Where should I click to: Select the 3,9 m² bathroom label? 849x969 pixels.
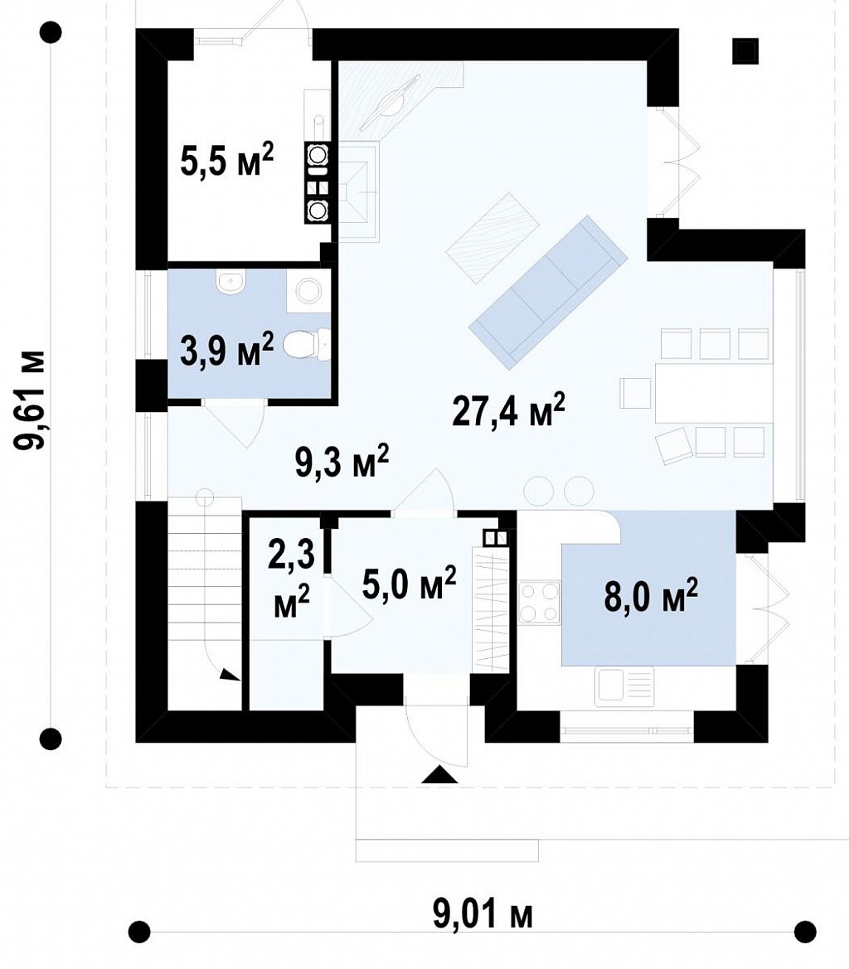tap(227, 349)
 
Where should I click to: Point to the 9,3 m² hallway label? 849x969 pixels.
tap(342, 462)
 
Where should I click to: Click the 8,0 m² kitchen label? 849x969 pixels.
tap(652, 595)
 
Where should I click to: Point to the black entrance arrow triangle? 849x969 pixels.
tap(439, 775)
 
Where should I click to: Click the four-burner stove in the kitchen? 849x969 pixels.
tap(540, 603)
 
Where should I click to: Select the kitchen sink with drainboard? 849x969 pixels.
tap(624, 686)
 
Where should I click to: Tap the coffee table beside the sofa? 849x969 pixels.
tap(493, 238)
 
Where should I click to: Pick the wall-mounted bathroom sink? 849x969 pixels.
tap(231, 280)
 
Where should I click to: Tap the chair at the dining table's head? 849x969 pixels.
tap(636, 393)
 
